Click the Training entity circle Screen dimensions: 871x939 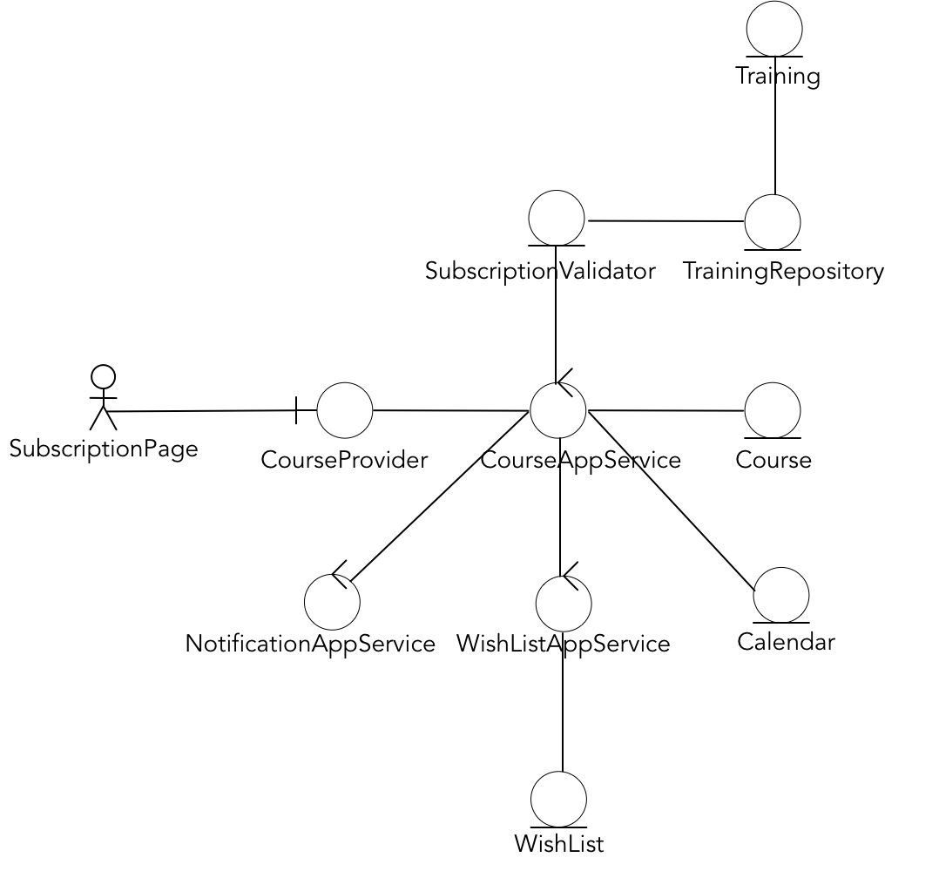click(x=774, y=29)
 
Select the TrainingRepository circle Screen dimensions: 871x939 click(x=773, y=222)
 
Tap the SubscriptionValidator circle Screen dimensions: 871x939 click(x=557, y=218)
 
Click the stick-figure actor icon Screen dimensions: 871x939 click(x=103, y=397)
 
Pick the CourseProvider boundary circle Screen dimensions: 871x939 click(x=345, y=410)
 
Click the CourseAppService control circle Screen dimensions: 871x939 click(x=558, y=410)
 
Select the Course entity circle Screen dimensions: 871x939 click(x=773, y=410)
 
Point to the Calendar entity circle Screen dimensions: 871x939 click(x=781, y=595)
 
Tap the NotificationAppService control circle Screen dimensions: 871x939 click(x=332, y=602)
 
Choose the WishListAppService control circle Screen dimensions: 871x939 click(x=564, y=604)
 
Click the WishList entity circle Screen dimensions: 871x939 click(x=558, y=799)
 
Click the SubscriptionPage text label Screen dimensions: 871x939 click(x=104, y=449)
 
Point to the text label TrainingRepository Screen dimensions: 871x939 click(x=783, y=272)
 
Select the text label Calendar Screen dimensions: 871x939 click(x=786, y=643)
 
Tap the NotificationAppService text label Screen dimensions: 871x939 click(x=310, y=645)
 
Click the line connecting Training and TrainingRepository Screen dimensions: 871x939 click(x=774, y=139)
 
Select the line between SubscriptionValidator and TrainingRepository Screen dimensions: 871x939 click(x=666, y=221)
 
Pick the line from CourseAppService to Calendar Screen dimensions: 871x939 click(x=671, y=501)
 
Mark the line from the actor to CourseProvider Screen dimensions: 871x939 click(x=200, y=411)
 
